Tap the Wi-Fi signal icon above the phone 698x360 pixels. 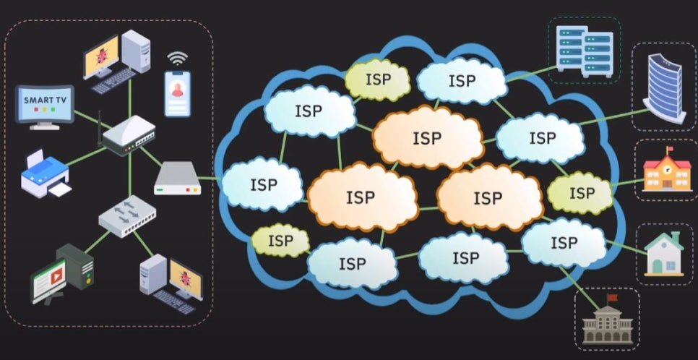[176, 59]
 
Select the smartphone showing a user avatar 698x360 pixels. [177, 93]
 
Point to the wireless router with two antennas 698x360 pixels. [129, 137]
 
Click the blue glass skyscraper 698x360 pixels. [663, 87]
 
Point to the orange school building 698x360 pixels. [663, 172]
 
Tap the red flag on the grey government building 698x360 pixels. [613, 297]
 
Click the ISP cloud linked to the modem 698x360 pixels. [262, 184]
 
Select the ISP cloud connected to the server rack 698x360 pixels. [461, 81]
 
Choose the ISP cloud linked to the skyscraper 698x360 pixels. [540, 137]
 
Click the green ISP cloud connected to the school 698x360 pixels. [581, 193]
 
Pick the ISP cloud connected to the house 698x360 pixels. [562, 241]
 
